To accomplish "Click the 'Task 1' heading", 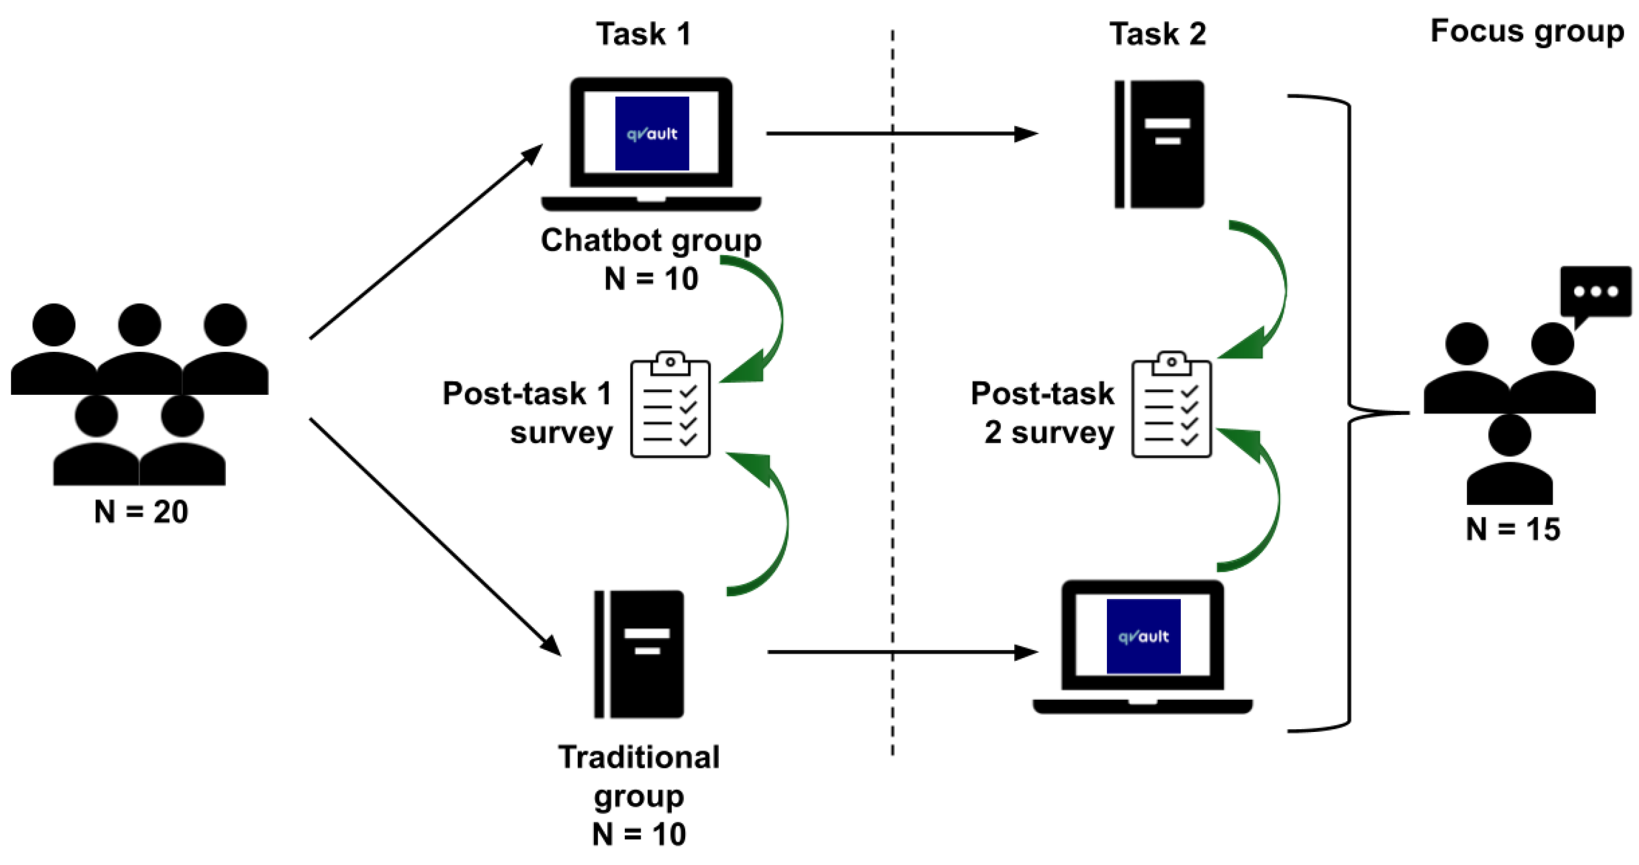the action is coord(643,34).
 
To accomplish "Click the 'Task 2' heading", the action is coord(1157,34).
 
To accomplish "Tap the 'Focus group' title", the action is coord(1527,33).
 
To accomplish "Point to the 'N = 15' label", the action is coord(1513,529).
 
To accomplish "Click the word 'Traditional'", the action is coord(639,757).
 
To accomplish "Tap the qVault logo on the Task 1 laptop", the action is coord(652,134).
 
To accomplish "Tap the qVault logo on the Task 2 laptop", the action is coord(1143,636).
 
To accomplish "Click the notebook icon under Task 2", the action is coord(1159,144).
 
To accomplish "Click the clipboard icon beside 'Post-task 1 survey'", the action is coord(670,404).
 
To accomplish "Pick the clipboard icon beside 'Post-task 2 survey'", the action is coord(1172,404).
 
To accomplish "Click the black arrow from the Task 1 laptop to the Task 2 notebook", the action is coord(902,134).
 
